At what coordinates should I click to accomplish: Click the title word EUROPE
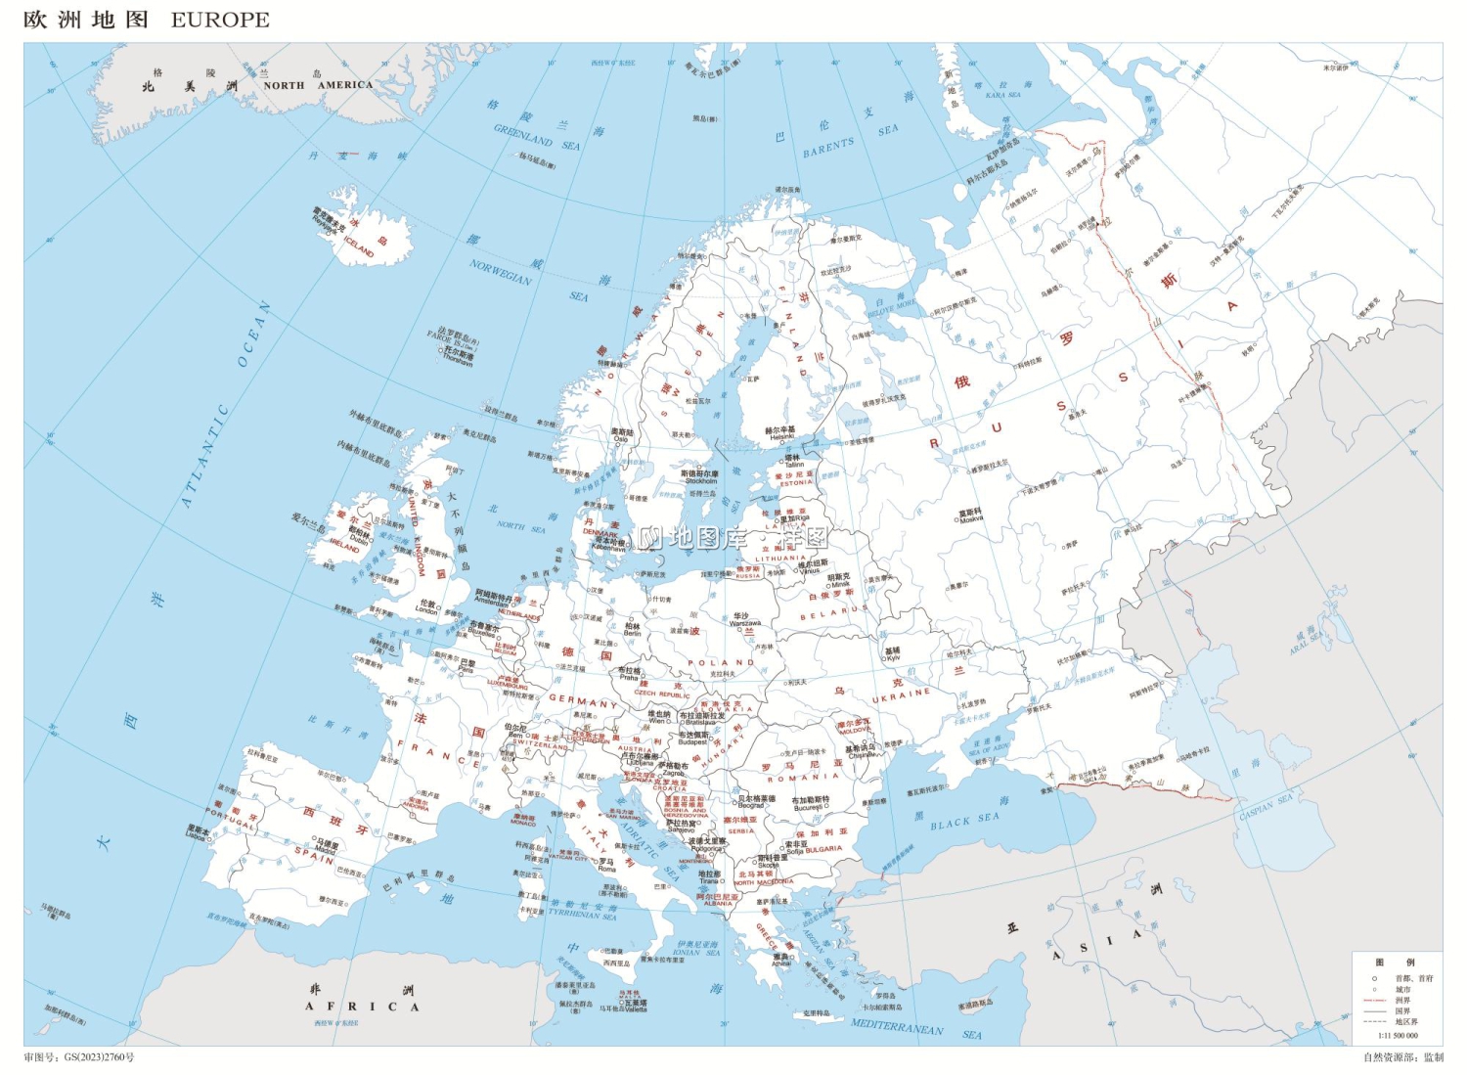[x=220, y=20]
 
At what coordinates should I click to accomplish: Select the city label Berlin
[x=633, y=633]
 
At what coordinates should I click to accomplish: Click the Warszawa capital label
[x=744, y=623]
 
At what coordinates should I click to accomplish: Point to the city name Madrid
[x=326, y=851]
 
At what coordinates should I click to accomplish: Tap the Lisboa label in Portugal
[x=196, y=836]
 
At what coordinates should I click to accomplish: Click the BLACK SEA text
[x=964, y=821]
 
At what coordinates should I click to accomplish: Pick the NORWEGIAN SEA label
[x=501, y=272]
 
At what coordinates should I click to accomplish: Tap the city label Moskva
[x=971, y=519]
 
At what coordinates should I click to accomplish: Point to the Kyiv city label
[x=892, y=658]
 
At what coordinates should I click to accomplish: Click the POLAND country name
[x=721, y=662]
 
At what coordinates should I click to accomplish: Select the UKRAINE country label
[x=901, y=694]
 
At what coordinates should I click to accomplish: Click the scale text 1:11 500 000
[x=1398, y=1035]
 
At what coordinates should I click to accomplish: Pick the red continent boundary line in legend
[x=1374, y=1001]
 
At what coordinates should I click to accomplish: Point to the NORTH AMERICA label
[x=318, y=85]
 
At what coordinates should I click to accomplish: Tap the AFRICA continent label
[x=362, y=1006]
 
